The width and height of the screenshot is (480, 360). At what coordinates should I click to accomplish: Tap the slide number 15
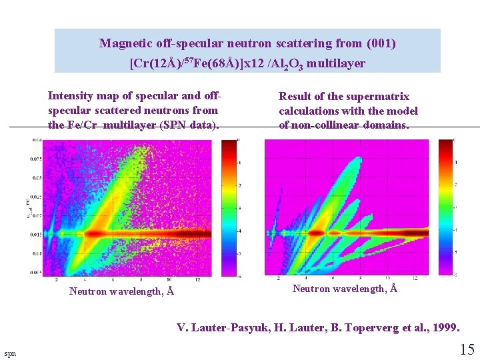click(x=467, y=348)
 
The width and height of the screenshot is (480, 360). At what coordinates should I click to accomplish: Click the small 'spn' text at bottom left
click(x=10, y=353)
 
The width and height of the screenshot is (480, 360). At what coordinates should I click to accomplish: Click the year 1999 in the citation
click(x=444, y=327)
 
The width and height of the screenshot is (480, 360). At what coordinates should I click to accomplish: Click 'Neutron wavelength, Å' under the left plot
click(x=122, y=291)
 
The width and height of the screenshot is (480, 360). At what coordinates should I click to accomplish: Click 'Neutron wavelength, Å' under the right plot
click(x=345, y=288)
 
